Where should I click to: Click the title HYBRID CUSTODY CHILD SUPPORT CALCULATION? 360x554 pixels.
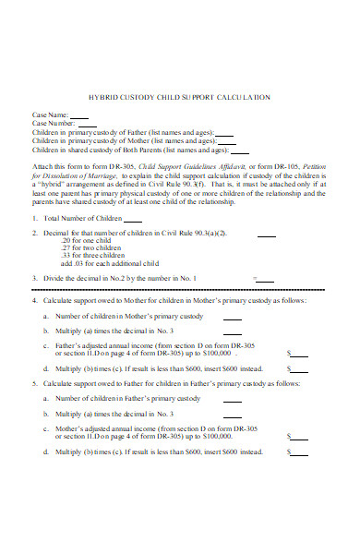pos(179,96)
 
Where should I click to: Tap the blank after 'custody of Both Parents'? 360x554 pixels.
pos(240,151)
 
